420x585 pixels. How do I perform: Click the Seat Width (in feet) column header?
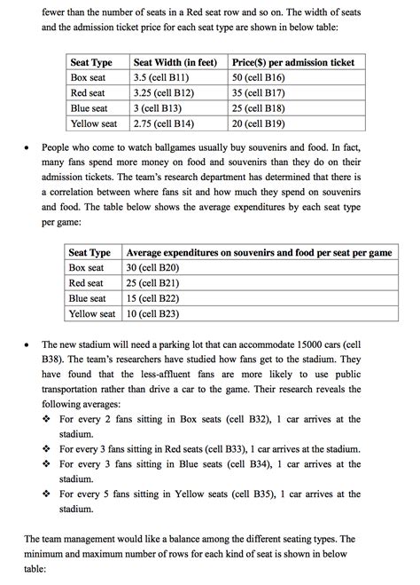175,62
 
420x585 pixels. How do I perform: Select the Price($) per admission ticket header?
292,62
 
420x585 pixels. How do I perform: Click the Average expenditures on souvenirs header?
259,252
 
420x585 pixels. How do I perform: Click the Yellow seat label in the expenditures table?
92,313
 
